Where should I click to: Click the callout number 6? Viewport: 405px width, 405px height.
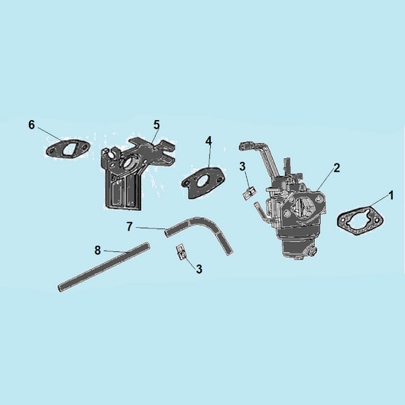(31, 125)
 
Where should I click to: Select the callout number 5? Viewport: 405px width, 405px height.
(157, 125)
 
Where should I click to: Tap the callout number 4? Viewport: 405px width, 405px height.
(209, 141)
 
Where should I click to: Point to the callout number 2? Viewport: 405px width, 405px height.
(336, 168)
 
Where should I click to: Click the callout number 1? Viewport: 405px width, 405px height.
(390, 196)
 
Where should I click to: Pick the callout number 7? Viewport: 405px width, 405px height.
(130, 227)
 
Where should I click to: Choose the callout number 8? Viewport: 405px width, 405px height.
(97, 251)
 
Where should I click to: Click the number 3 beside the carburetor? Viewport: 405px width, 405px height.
(242, 167)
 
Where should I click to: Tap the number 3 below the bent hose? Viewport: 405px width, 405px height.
(199, 269)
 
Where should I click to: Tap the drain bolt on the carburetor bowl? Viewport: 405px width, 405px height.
(313, 251)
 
